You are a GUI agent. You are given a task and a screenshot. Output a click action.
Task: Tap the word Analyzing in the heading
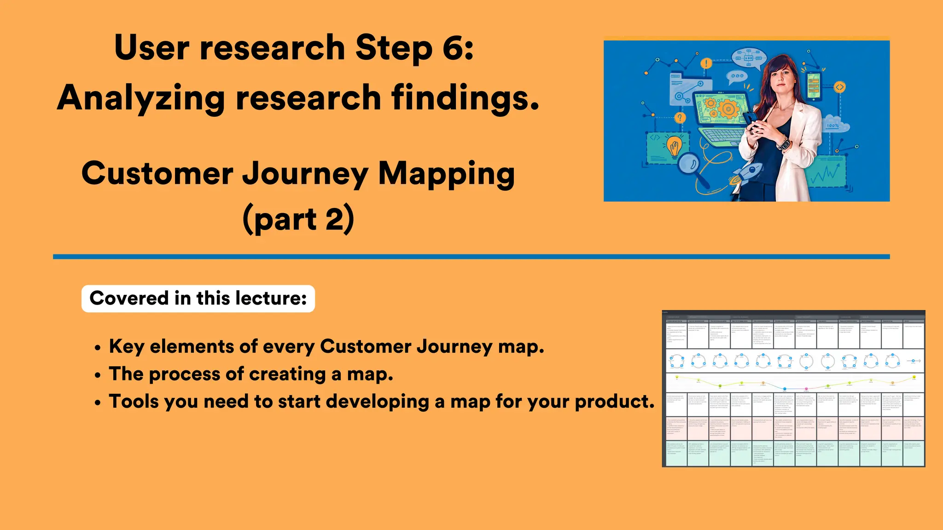point(140,98)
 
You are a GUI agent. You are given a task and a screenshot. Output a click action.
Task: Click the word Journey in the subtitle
point(305,174)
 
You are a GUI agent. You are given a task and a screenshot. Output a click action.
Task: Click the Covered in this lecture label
point(198,299)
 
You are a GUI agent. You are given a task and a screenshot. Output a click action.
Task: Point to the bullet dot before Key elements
point(97,348)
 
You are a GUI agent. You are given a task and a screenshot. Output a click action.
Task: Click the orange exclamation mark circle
point(706,63)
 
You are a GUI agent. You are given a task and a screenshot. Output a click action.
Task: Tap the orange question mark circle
point(680,118)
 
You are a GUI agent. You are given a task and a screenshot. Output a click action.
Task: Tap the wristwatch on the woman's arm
point(783,144)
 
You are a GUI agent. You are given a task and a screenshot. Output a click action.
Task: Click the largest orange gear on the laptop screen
point(728,109)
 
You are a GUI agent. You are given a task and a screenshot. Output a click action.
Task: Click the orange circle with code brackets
point(839,87)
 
